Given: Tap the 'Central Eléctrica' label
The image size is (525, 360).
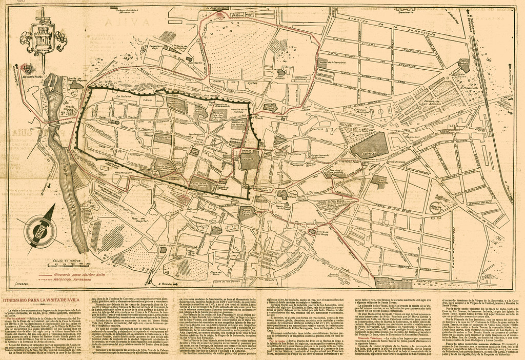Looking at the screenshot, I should click(x=490, y=276).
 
